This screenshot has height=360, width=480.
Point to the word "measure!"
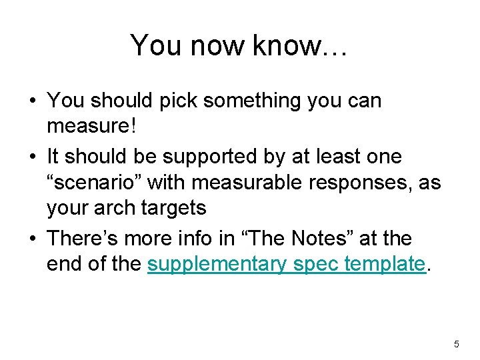click(x=91, y=127)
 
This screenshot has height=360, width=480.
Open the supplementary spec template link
click(x=286, y=264)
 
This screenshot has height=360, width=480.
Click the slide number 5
click(x=456, y=344)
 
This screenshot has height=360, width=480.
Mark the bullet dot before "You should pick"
click(x=33, y=102)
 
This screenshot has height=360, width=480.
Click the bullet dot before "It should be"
click(x=33, y=157)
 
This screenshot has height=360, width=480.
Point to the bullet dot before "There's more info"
click(x=33, y=239)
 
